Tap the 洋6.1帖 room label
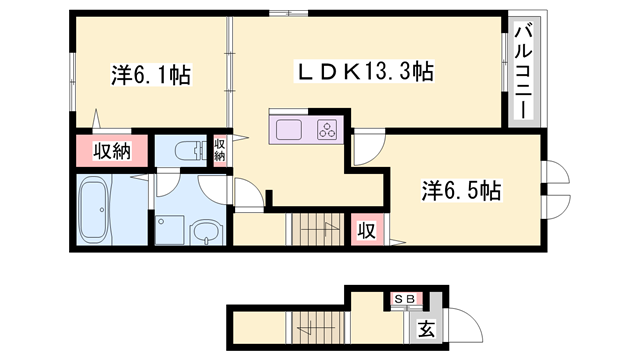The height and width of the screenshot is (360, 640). [x=152, y=73]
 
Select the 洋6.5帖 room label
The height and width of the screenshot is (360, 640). [x=461, y=189]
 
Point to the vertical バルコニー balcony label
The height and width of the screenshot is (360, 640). [x=523, y=71]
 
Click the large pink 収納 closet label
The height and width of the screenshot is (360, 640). [x=113, y=151]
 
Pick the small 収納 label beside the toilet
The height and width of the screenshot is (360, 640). [x=220, y=150]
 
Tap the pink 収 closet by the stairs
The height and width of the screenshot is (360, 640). [x=367, y=230]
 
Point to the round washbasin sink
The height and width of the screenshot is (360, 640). [x=203, y=234]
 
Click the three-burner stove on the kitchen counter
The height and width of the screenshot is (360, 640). [x=327, y=129]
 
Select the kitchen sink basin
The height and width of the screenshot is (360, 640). [x=288, y=129]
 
